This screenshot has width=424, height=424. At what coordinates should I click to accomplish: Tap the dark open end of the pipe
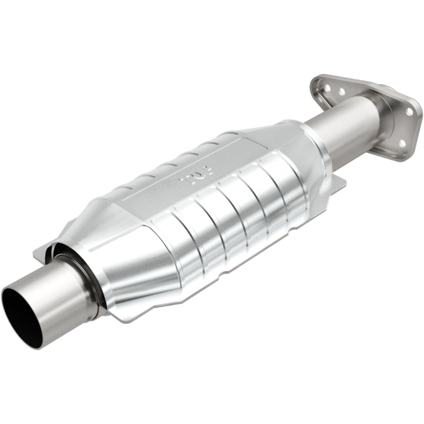coord(22,315)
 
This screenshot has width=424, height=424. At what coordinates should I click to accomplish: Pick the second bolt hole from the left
coord(341,91)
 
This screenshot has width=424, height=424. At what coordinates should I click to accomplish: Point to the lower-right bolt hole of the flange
coord(402,143)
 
